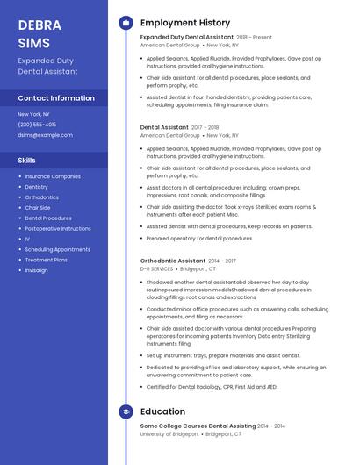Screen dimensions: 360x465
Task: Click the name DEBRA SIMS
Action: [x=39, y=32]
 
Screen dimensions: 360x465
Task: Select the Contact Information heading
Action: [x=56, y=98]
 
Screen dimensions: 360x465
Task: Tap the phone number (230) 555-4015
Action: [x=37, y=125]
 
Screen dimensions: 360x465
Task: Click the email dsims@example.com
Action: [x=46, y=135]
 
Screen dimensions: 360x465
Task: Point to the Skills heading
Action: [x=27, y=161]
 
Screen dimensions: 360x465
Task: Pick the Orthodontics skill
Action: [x=42, y=197]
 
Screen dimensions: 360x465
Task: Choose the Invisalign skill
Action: [x=37, y=270]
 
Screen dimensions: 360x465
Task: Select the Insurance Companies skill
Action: [x=53, y=176]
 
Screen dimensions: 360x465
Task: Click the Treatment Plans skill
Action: [x=47, y=260]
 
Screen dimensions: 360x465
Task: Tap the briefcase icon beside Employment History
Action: [x=126, y=23]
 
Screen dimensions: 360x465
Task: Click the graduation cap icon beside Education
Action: [x=126, y=411]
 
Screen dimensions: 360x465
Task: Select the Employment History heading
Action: [x=185, y=23]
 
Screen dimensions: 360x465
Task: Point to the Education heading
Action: [x=162, y=411]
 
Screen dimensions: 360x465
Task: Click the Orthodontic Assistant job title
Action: [x=172, y=261]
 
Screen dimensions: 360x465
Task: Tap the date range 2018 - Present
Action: [x=255, y=38]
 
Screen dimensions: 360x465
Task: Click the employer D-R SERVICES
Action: [x=157, y=269]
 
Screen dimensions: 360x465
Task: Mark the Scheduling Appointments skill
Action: [x=57, y=249]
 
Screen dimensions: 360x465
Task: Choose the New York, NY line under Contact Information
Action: [x=33, y=114]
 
